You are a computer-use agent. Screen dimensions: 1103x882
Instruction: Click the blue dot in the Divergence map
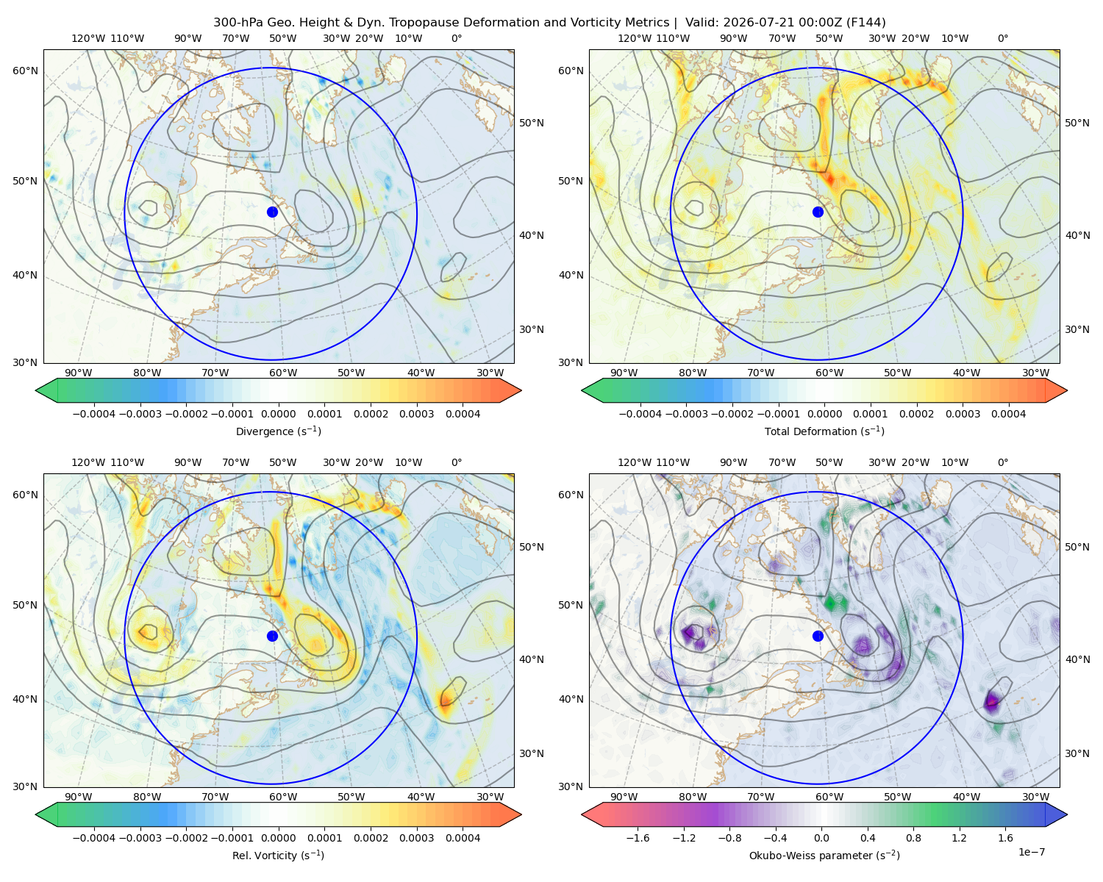[272, 212]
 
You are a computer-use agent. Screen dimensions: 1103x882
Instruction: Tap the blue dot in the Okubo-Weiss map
[818, 636]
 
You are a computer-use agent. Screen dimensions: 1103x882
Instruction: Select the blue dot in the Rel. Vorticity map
[272, 636]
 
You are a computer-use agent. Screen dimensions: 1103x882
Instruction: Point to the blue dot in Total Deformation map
[818, 212]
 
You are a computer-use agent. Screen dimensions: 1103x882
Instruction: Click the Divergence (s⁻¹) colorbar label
[278, 431]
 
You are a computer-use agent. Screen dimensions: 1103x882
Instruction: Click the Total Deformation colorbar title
[824, 431]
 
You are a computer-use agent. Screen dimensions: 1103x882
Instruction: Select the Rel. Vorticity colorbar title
[278, 855]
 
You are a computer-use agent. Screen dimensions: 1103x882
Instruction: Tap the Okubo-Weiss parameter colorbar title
[824, 855]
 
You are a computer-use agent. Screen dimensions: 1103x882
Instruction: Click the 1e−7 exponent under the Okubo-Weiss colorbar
[1031, 852]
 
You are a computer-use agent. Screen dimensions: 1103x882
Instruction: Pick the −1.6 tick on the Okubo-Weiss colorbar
[638, 837]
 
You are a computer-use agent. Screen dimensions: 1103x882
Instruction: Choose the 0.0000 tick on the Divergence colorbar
[278, 414]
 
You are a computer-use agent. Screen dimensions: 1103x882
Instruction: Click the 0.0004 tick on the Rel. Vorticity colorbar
[463, 837]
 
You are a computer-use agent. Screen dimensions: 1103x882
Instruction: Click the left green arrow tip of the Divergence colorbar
[36, 390]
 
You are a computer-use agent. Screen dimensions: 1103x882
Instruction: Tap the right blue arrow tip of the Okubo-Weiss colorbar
[1067, 814]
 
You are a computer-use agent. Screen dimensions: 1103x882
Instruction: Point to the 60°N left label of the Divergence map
[25, 71]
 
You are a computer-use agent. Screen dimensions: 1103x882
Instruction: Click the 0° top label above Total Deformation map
[1002, 38]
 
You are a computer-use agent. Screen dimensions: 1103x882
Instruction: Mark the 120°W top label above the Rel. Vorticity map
[88, 462]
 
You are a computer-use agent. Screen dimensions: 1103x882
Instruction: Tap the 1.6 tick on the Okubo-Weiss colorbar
[1005, 837]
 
